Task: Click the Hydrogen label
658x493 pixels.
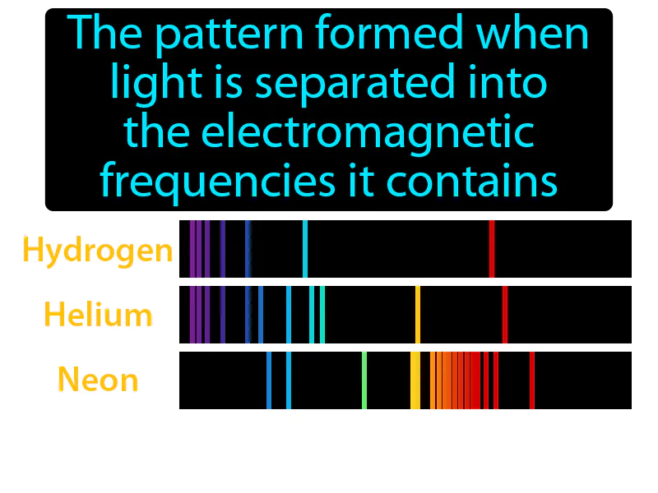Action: coord(98,251)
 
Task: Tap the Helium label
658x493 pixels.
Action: coord(98,315)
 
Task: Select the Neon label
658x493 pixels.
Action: coord(98,380)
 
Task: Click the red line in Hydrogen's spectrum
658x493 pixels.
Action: coord(491,249)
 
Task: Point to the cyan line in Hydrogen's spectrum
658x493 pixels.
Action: coord(305,249)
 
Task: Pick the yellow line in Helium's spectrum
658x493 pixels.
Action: coord(418,315)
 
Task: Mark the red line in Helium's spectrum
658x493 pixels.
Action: coord(505,315)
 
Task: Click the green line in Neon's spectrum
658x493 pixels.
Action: coord(364,380)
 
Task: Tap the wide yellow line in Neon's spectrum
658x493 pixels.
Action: coord(415,380)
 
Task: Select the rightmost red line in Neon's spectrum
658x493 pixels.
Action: coord(532,380)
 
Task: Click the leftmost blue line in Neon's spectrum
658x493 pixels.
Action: coord(269,380)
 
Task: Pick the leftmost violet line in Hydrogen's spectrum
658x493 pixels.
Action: coord(192,249)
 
